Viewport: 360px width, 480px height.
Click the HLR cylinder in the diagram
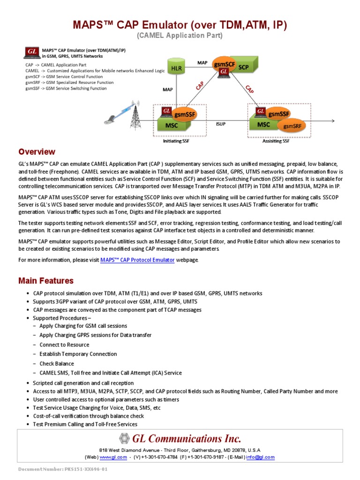(x=176, y=68)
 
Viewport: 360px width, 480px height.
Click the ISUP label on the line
(x=220, y=125)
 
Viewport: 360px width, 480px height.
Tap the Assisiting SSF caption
(x=276, y=141)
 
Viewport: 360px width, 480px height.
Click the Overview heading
(x=37, y=152)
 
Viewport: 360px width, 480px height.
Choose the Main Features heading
(x=46, y=281)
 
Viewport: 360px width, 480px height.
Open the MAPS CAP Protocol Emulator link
(x=137, y=260)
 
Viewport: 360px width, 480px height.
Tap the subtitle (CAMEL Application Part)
(x=180, y=36)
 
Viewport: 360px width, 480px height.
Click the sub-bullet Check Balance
(x=57, y=363)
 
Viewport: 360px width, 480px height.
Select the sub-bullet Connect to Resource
(x=64, y=345)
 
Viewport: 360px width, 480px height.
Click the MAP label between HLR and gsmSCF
(x=202, y=62)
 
